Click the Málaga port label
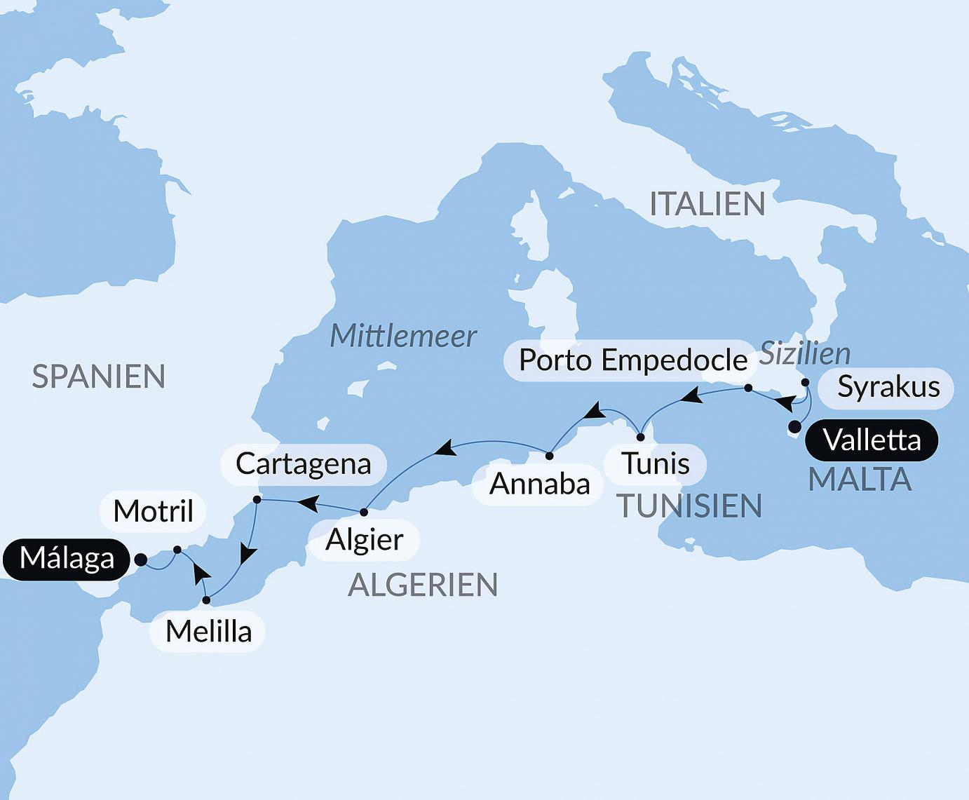(67, 559)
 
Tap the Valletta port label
(872, 440)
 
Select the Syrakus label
(888, 387)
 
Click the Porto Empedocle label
(632, 360)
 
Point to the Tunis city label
(656, 463)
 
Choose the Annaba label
(539, 484)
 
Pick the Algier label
(365, 540)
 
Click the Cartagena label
(303, 463)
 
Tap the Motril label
(153, 511)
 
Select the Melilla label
(208, 632)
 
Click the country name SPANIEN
(99, 377)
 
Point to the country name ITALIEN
(707, 204)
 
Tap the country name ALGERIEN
(423, 585)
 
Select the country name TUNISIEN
(689, 506)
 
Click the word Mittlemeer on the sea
(403, 336)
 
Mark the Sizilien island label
(805, 353)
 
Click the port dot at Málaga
(140, 560)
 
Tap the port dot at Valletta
(794, 427)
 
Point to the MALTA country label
(860, 480)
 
